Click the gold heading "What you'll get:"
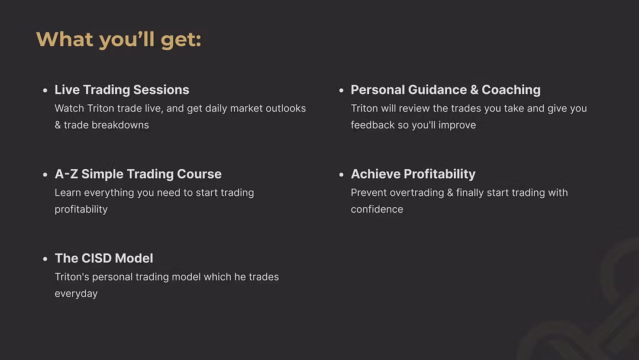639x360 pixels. (x=118, y=40)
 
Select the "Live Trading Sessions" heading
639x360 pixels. (x=122, y=89)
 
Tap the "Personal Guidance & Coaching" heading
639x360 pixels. (x=446, y=89)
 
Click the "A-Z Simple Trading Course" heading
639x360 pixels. (x=138, y=174)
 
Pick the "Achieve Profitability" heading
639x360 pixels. (x=413, y=174)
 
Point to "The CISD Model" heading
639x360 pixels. (x=104, y=258)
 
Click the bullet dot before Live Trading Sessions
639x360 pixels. (x=45, y=91)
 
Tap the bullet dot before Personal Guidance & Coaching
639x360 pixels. (x=341, y=91)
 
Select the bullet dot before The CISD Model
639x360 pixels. (x=45, y=259)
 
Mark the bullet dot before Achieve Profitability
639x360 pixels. (x=341, y=175)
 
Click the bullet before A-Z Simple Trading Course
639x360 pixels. (x=45, y=175)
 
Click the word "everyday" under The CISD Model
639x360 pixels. (x=76, y=294)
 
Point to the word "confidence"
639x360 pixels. (x=377, y=209)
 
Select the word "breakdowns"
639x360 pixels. (x=120, y=125)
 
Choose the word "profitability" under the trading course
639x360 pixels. (x=81, y=210)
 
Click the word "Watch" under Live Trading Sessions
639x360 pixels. (x=69, y=108)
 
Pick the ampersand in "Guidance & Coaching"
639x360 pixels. (x=474, y=90)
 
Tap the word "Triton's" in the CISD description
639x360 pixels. (x=72, y=277)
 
